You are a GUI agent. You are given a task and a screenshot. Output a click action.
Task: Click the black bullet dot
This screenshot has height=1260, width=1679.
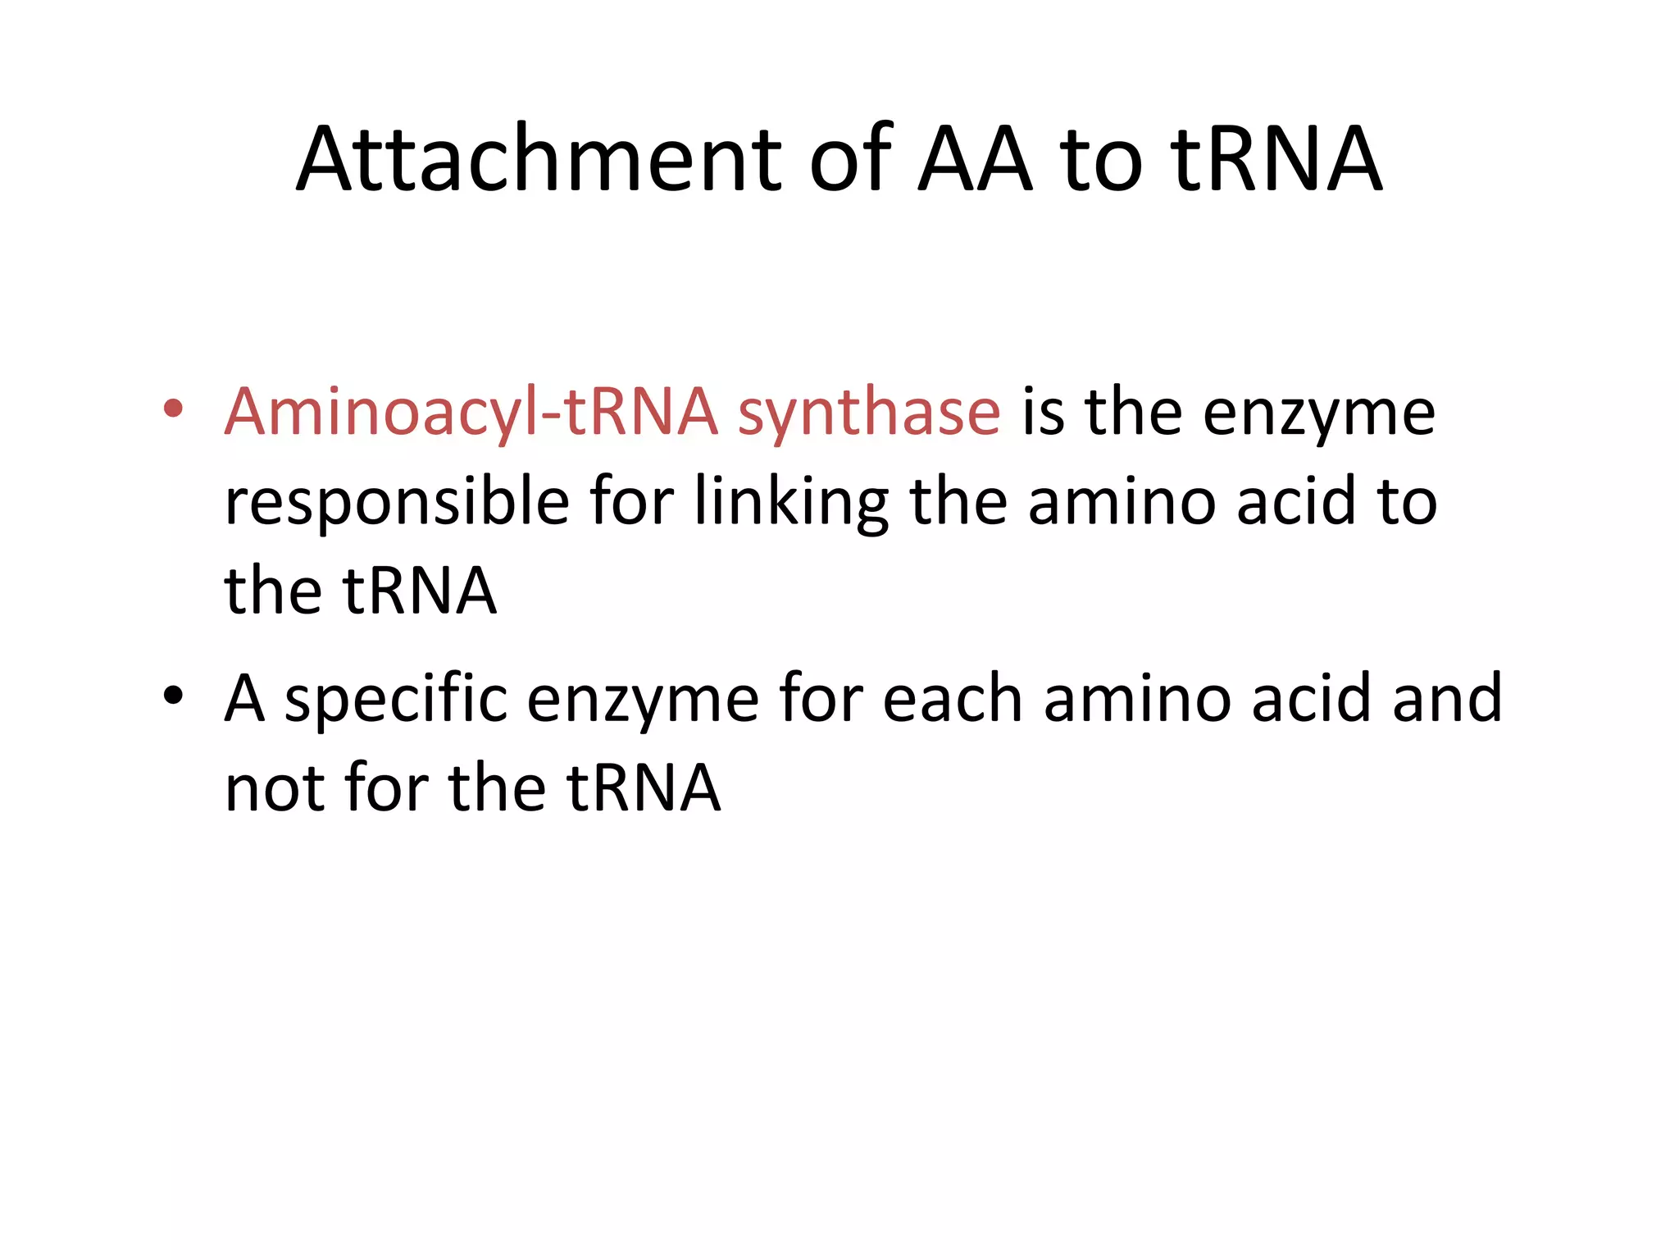click(172, 696)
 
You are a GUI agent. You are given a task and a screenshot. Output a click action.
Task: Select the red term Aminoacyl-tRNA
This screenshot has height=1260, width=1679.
click(471, 412)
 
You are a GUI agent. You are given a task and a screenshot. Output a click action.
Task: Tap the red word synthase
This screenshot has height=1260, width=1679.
click(869, 412)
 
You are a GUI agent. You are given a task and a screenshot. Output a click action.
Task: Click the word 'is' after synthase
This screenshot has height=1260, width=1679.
click(1043, 412)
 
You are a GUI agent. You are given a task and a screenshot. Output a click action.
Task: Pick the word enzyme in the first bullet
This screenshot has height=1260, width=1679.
click(1319, 413)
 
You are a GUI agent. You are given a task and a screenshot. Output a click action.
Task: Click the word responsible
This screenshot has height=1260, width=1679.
click(397, 502)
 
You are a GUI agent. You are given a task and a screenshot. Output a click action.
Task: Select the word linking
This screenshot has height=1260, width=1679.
click(791, 502)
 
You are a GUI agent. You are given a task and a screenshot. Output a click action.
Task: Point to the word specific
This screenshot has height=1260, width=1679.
click(396, 699)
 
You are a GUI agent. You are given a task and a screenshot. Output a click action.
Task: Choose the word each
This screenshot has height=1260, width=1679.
click(953, 699)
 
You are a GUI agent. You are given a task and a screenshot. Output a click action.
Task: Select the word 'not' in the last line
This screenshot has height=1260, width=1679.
click(275, 789)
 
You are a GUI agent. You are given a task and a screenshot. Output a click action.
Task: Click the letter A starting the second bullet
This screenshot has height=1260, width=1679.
click(244, 699)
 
